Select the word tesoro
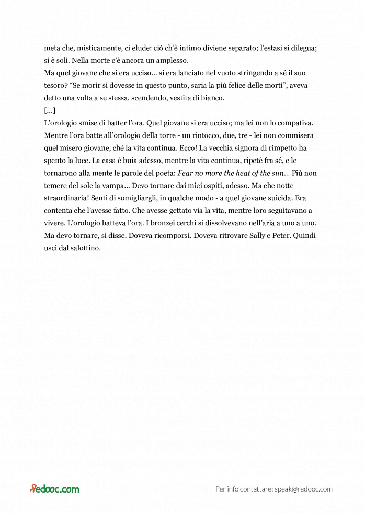click(x=55, y=85)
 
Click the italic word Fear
click(x=187, y=173)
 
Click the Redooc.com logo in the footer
click(x=54, y=489)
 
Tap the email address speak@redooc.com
click(x=303, y=489)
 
